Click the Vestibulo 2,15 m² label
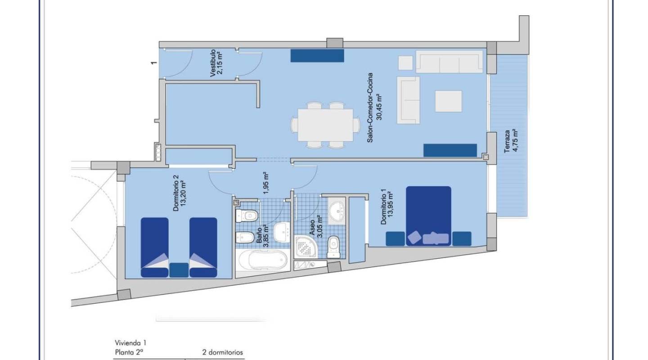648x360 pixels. pyautogui.click(x=217, y=63)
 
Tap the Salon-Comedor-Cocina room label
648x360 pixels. pyautogui.click(x=374, y=108)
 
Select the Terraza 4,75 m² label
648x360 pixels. pyautogui.click(x=511, y=141)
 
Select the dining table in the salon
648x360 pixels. pyautogui.click(x=325, y=125)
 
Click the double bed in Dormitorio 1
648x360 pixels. pyautogui.click(x=428, y=216)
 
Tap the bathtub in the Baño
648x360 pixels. pyautogui.click(x=263, y=260)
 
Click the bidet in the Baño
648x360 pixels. pyautogui.click(x=245, y=238)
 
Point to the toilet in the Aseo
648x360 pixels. pyautogui.click(x=333, y=247)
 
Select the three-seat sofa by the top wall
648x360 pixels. pyautogui.click(x=449, y=62)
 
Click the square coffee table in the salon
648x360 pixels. pyautogui.click(x=448, y=101)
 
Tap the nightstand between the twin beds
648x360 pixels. pyautogui.click(x=179, y=270)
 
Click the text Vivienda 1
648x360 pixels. pyautogui.click(x=130, y=343)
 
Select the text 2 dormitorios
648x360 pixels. pyautogui.click(x=222, y=352)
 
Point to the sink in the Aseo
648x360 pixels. pyautogui.click(x=337, y=211)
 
